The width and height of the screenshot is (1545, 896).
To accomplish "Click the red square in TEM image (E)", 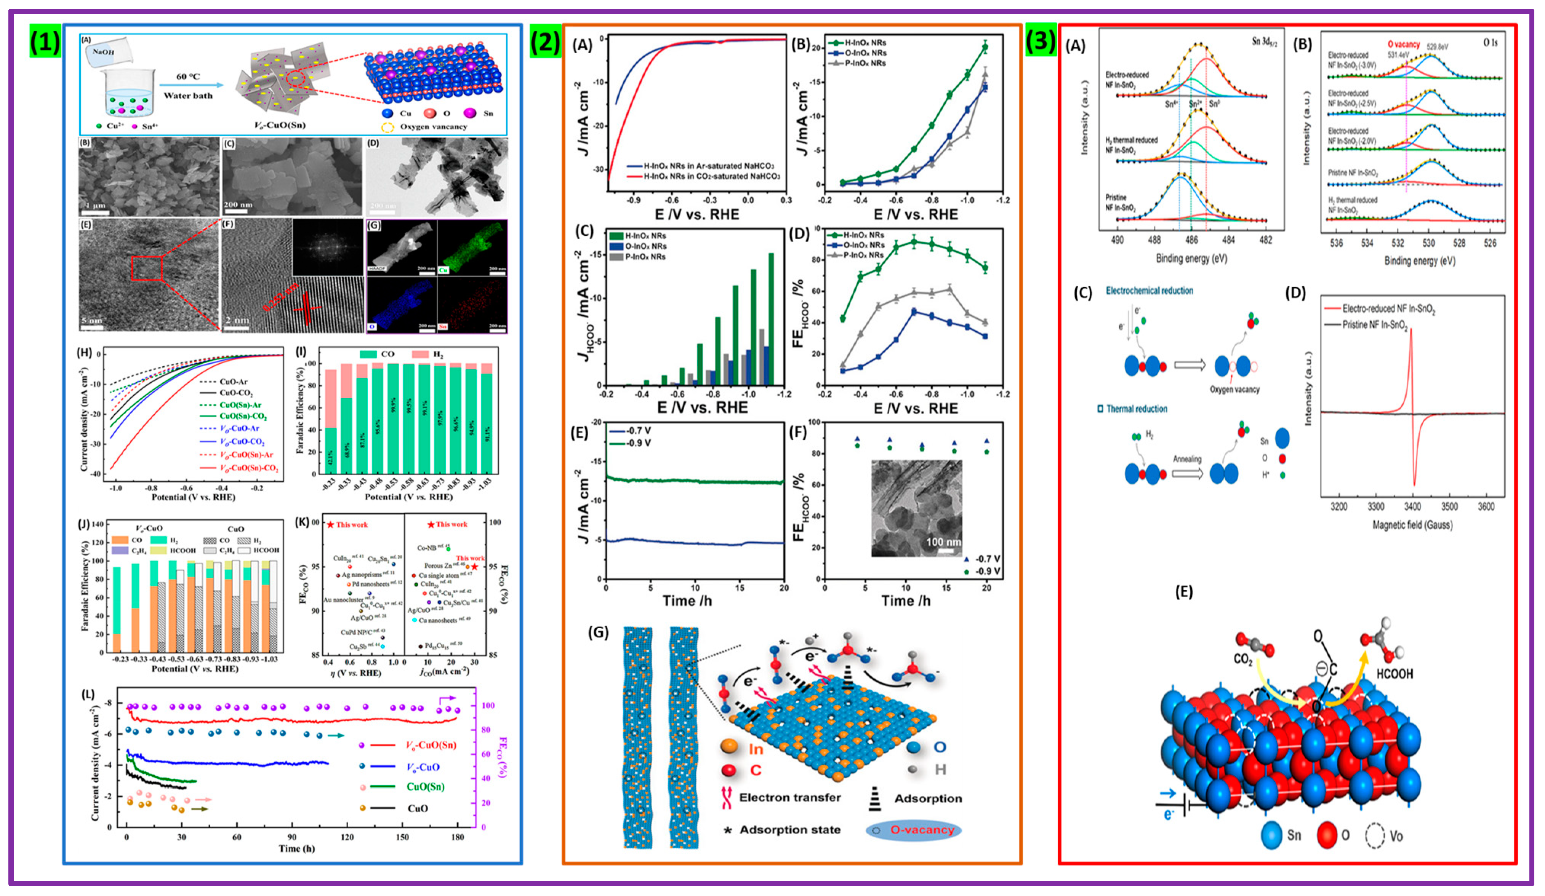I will pyautogui.click(x=147, y=268).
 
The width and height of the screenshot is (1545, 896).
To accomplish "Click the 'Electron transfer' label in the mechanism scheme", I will pyautogui.click(x=790, y=797).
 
